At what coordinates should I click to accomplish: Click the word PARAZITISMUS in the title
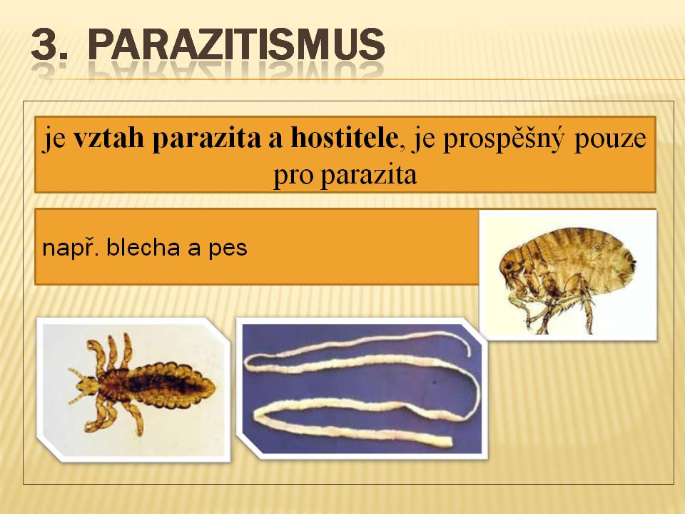click(236, 44)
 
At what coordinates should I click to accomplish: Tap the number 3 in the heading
click(44, 44)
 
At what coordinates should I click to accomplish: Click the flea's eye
click(507, 266)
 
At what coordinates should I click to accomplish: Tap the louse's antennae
click(77, 385)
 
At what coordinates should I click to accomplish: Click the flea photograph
click(568, 275)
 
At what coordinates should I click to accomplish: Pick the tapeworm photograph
click(362, 388)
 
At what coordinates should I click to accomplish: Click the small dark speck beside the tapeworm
click(434, 382)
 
